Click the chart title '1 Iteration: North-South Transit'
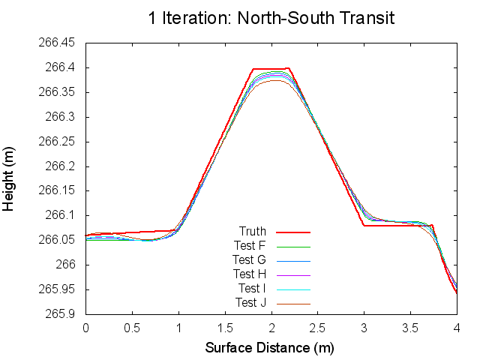[x=271, y=17]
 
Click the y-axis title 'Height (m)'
[x=10, y=178]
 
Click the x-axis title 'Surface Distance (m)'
[x=269, y=348]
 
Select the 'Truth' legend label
[x=253, y=231]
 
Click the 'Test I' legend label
[x=252, y=288]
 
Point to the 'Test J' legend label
[x=250, y=302]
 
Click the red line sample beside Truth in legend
[x=293, y=232]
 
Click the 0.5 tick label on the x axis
[x=132, y=328]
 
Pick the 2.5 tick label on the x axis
[x=318, y=328]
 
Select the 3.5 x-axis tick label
[x=411, y=328]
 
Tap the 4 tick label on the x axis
[x=457, y=328]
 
